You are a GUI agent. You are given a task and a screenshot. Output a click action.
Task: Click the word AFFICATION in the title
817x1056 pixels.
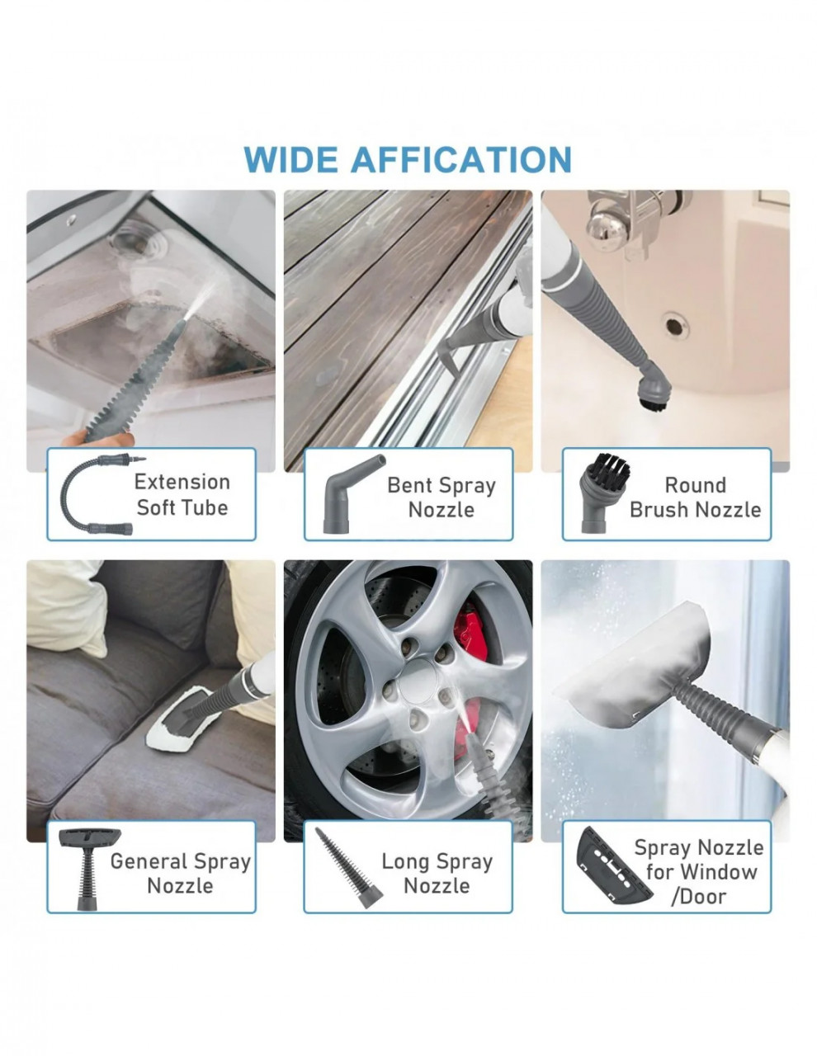point(460,160)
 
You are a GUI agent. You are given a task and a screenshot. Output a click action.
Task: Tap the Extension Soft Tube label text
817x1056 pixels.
point(182,495)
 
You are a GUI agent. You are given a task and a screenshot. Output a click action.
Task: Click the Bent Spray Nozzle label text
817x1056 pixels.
point(441,497)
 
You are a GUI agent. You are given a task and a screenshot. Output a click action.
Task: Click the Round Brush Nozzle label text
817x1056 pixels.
point(695,497)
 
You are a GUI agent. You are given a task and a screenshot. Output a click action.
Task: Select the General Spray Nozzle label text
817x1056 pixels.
point(180,874)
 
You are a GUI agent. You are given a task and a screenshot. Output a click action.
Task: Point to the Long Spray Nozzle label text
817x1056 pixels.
point(437,874)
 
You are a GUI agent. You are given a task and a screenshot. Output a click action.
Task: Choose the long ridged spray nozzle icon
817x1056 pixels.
point(348,869)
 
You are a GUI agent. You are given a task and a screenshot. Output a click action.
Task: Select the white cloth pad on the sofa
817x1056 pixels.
point(181,718)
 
